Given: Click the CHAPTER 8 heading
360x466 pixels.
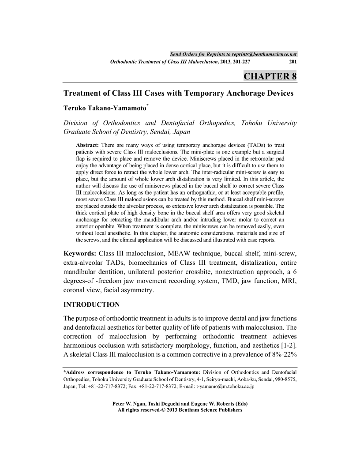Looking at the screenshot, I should click(x=270, y=76).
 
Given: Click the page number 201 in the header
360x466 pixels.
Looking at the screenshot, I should click(x=292, y=62).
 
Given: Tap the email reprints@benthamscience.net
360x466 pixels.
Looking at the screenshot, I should click(x=264, y=54).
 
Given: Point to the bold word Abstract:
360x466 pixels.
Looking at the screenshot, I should click(x=88, y=145).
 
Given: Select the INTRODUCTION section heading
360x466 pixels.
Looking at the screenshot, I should click(x=92, y=304).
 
